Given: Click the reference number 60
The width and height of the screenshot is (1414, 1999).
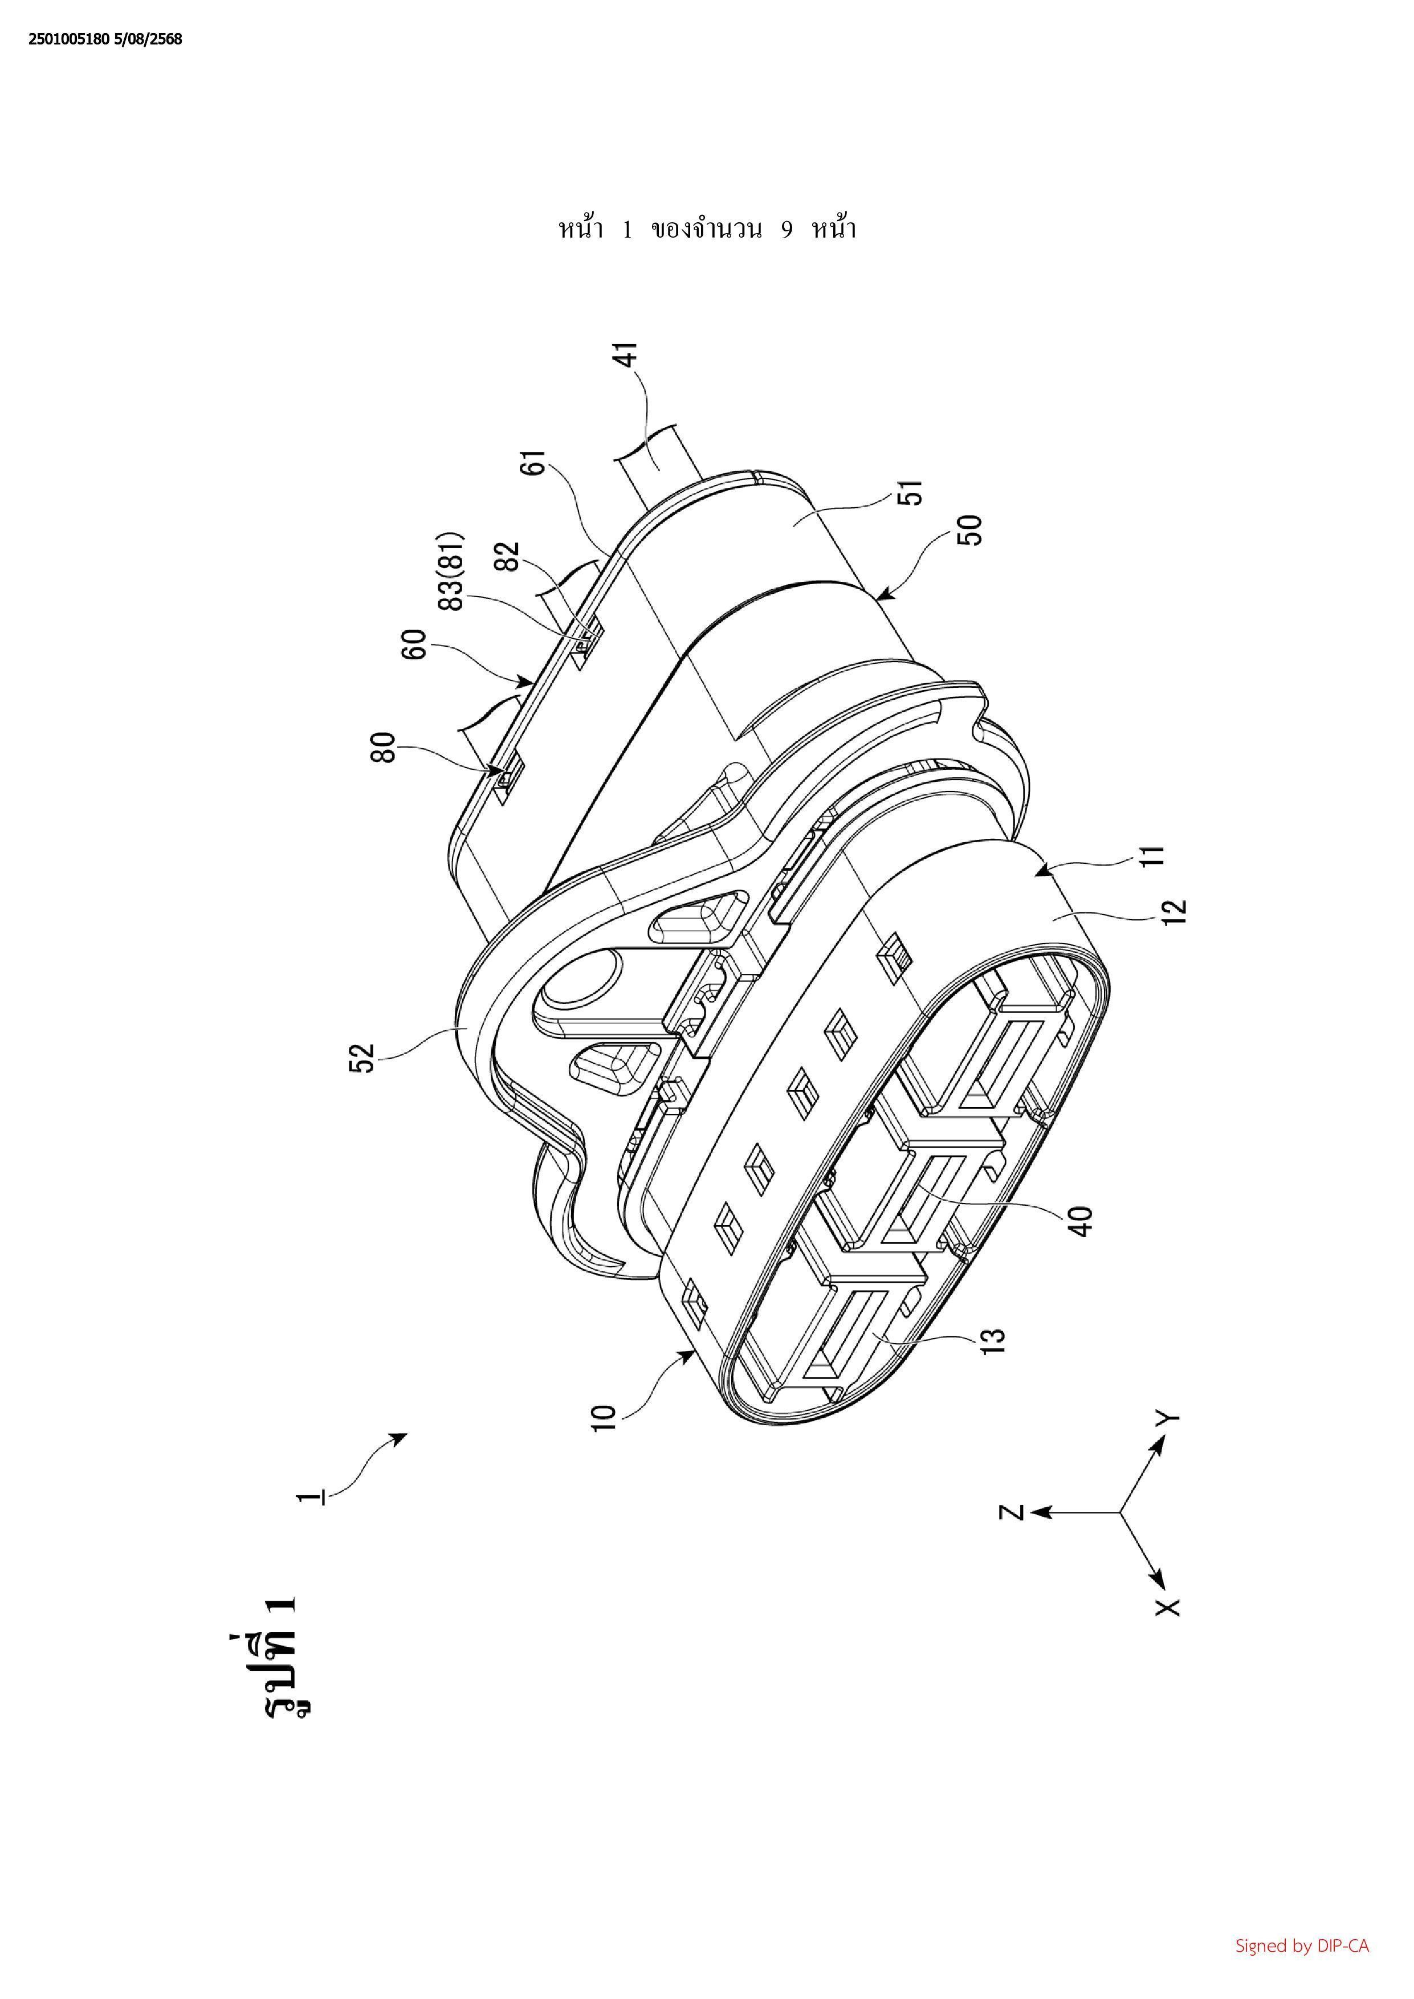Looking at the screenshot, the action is click(417, 645).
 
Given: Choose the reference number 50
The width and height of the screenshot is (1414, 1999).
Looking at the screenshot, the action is click(970, 530).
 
